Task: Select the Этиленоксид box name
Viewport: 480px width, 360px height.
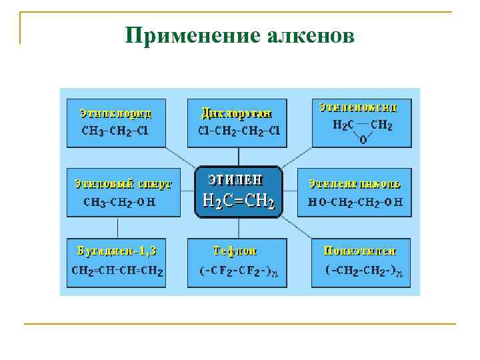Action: (x=358, y=107)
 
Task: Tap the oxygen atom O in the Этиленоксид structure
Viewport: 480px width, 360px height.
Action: (x=363, y=141)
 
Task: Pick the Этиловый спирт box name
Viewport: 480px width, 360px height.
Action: (x=123, y=183)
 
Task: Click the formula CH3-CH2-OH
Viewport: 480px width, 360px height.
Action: (x=119, y=201)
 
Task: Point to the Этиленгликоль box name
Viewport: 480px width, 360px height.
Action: (x=354, y=183)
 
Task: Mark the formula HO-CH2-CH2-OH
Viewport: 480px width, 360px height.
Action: (x=355, y=201)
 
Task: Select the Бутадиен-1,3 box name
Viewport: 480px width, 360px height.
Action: (x=117, y=251)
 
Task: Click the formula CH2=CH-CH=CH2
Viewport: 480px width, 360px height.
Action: (x=117, y=271)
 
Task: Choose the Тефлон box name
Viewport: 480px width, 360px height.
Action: (x=235, y=251)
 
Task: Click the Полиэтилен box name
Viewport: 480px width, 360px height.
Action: (x=359, y=251)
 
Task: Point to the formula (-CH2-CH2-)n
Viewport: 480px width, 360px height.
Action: (x=363, y=271)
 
